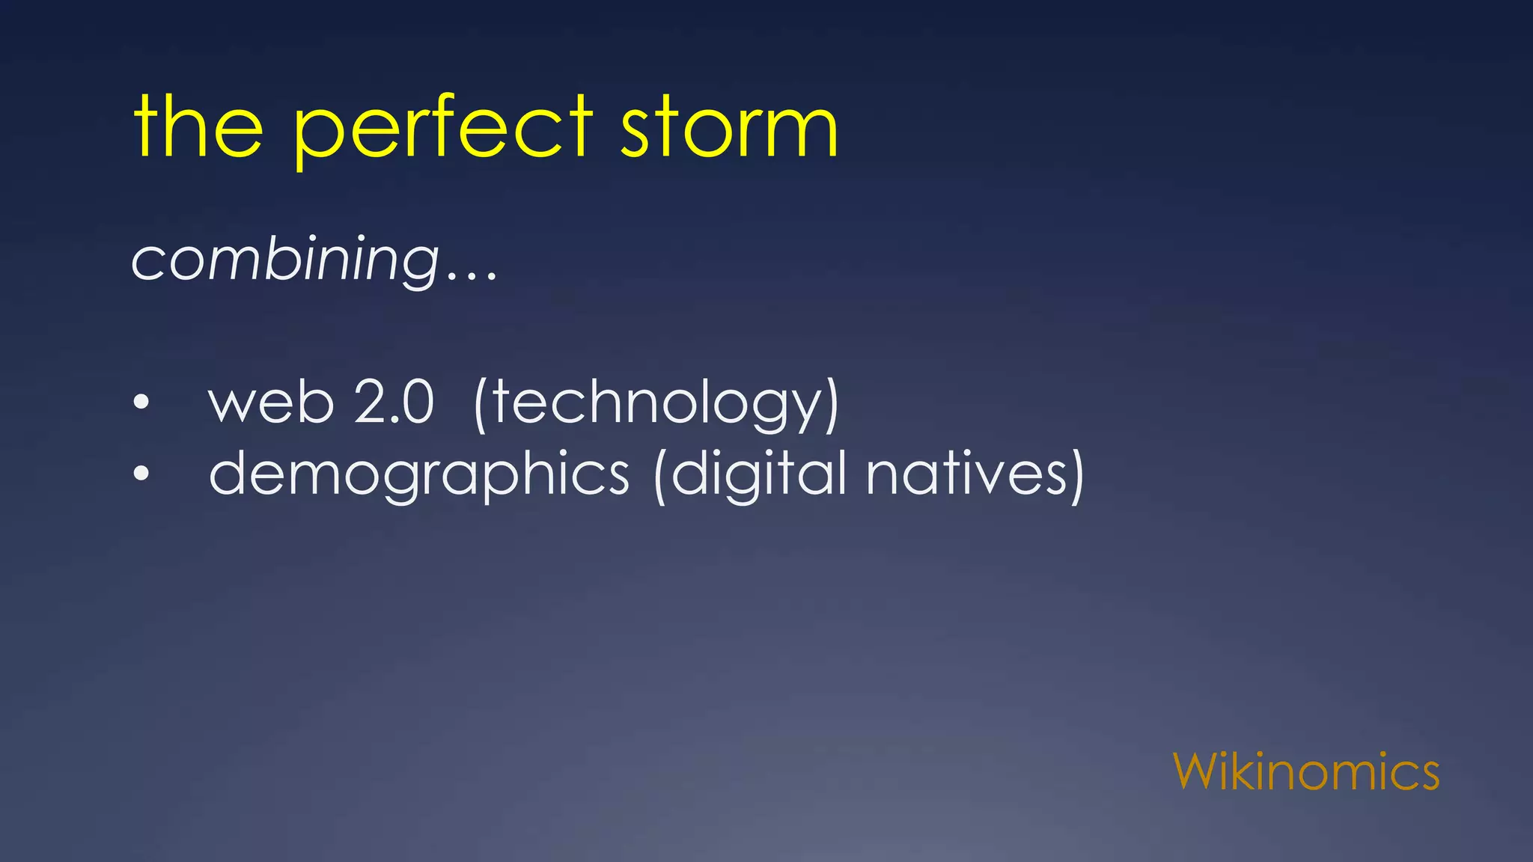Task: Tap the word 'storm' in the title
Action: tap(729, 129)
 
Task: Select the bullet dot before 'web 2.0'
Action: tap(141, 403)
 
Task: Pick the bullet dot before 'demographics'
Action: tap(141, 474)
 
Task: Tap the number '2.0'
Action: tap(394, 403)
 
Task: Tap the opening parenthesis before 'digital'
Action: tap(660, 476)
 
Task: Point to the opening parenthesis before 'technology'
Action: tap(481, 405)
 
